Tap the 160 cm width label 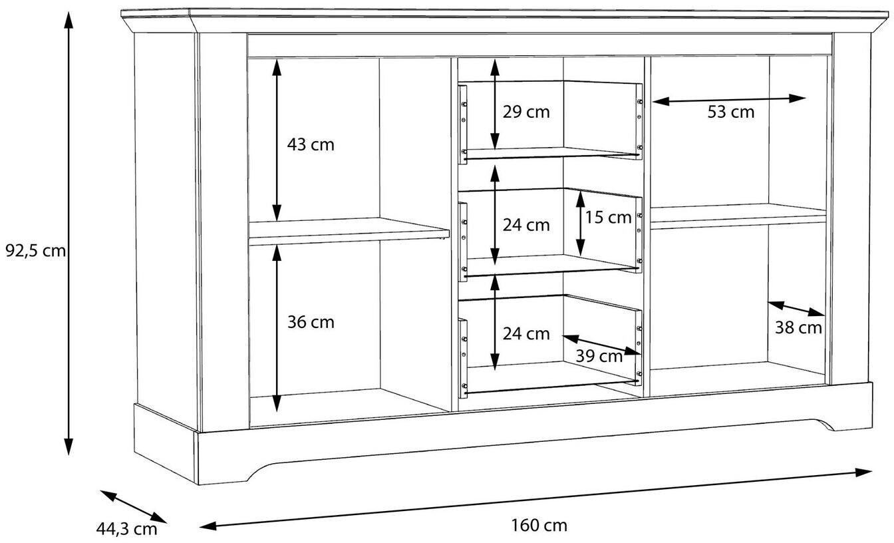[539, 526]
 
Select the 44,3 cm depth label [126, 529]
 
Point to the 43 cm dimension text [311, 144]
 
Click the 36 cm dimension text [311, 323]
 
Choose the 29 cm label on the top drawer [526, 112]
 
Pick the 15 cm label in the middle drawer [608, 217]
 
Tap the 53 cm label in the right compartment [730, 112]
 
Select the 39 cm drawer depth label [599, 356]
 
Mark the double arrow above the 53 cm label [728, 100]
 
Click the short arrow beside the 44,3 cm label [133, 507]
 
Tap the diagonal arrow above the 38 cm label [796, 309]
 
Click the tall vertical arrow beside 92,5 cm [68, 233]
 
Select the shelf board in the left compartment [346, 229]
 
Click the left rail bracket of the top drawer [463, 124]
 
